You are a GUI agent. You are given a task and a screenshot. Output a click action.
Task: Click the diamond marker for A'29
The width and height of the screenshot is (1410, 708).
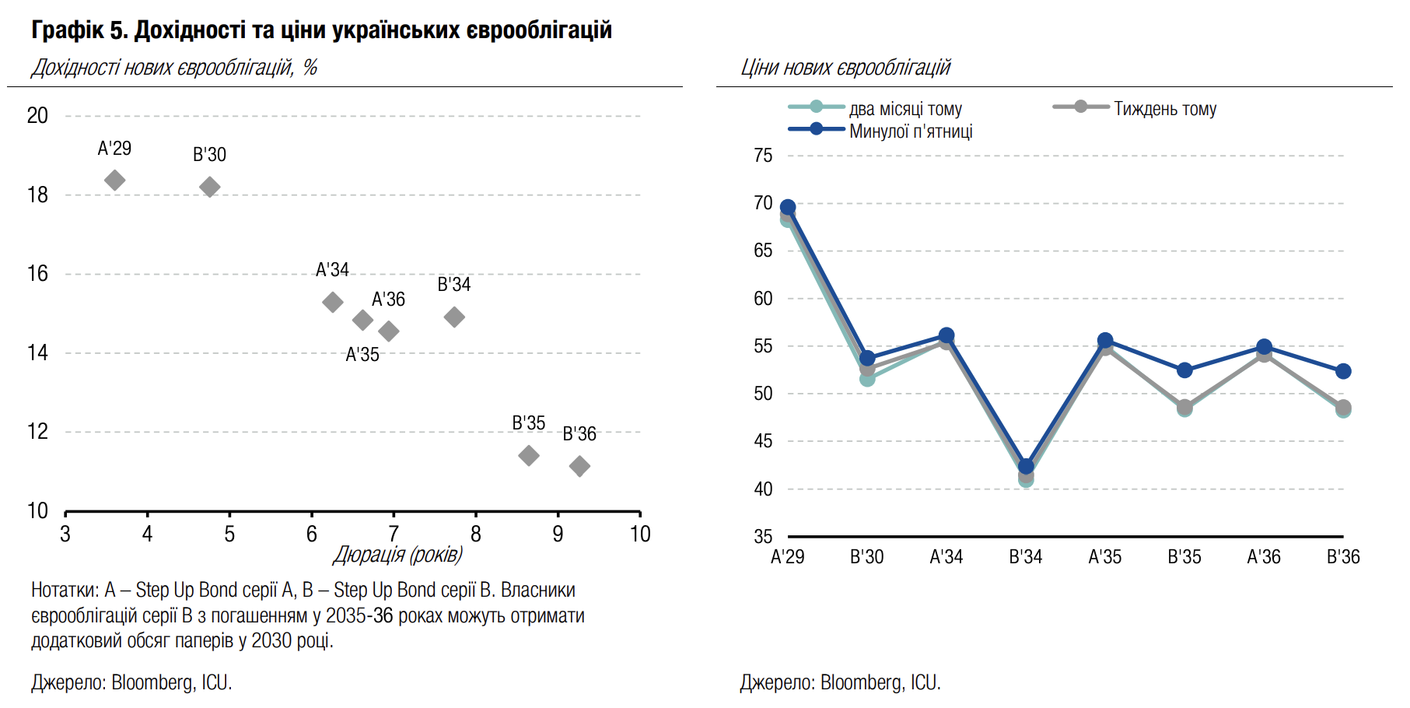[115, 181]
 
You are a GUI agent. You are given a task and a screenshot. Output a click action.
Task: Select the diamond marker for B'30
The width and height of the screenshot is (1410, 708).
[210, 187]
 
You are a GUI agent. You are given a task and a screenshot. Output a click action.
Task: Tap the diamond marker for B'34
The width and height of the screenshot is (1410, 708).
[454, 317]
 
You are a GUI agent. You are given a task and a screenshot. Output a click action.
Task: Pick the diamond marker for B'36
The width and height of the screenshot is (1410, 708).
[579, 466]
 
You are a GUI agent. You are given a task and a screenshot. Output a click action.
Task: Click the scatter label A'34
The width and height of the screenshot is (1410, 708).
[332, 270]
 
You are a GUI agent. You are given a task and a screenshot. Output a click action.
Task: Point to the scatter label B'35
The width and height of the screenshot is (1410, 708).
[529, 423]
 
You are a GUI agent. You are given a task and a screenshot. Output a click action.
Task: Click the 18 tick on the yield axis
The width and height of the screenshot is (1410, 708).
[37, 195]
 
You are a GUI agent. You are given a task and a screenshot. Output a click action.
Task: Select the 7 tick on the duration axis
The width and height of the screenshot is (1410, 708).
[394, 535]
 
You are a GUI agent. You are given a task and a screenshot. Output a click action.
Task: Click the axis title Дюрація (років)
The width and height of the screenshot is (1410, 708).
[398, 555]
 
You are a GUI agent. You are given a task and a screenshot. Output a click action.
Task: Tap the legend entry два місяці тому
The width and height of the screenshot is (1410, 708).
[905, 109]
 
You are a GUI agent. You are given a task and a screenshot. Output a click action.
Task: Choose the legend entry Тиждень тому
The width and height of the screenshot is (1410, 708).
[1165, 109]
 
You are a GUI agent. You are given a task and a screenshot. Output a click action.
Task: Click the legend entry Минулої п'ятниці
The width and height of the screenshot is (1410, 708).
[911, 131]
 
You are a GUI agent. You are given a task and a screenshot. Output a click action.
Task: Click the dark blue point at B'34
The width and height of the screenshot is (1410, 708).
[1026, 467]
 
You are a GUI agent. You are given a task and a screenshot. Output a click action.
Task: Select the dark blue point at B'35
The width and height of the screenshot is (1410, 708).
[1184, 370]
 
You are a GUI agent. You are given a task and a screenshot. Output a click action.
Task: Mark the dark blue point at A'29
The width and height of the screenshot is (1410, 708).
[788, 208]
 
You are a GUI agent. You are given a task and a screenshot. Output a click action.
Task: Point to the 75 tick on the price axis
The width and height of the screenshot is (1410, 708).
[763, 156]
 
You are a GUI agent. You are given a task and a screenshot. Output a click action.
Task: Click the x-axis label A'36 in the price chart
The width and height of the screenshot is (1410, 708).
[1264, 557]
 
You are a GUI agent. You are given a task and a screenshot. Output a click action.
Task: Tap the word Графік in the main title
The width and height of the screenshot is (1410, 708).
[68, 30]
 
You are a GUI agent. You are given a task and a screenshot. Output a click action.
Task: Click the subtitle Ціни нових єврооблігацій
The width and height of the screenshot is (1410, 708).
[845, 68]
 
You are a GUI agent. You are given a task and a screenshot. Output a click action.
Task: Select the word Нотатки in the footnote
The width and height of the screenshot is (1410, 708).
[65, 591]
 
